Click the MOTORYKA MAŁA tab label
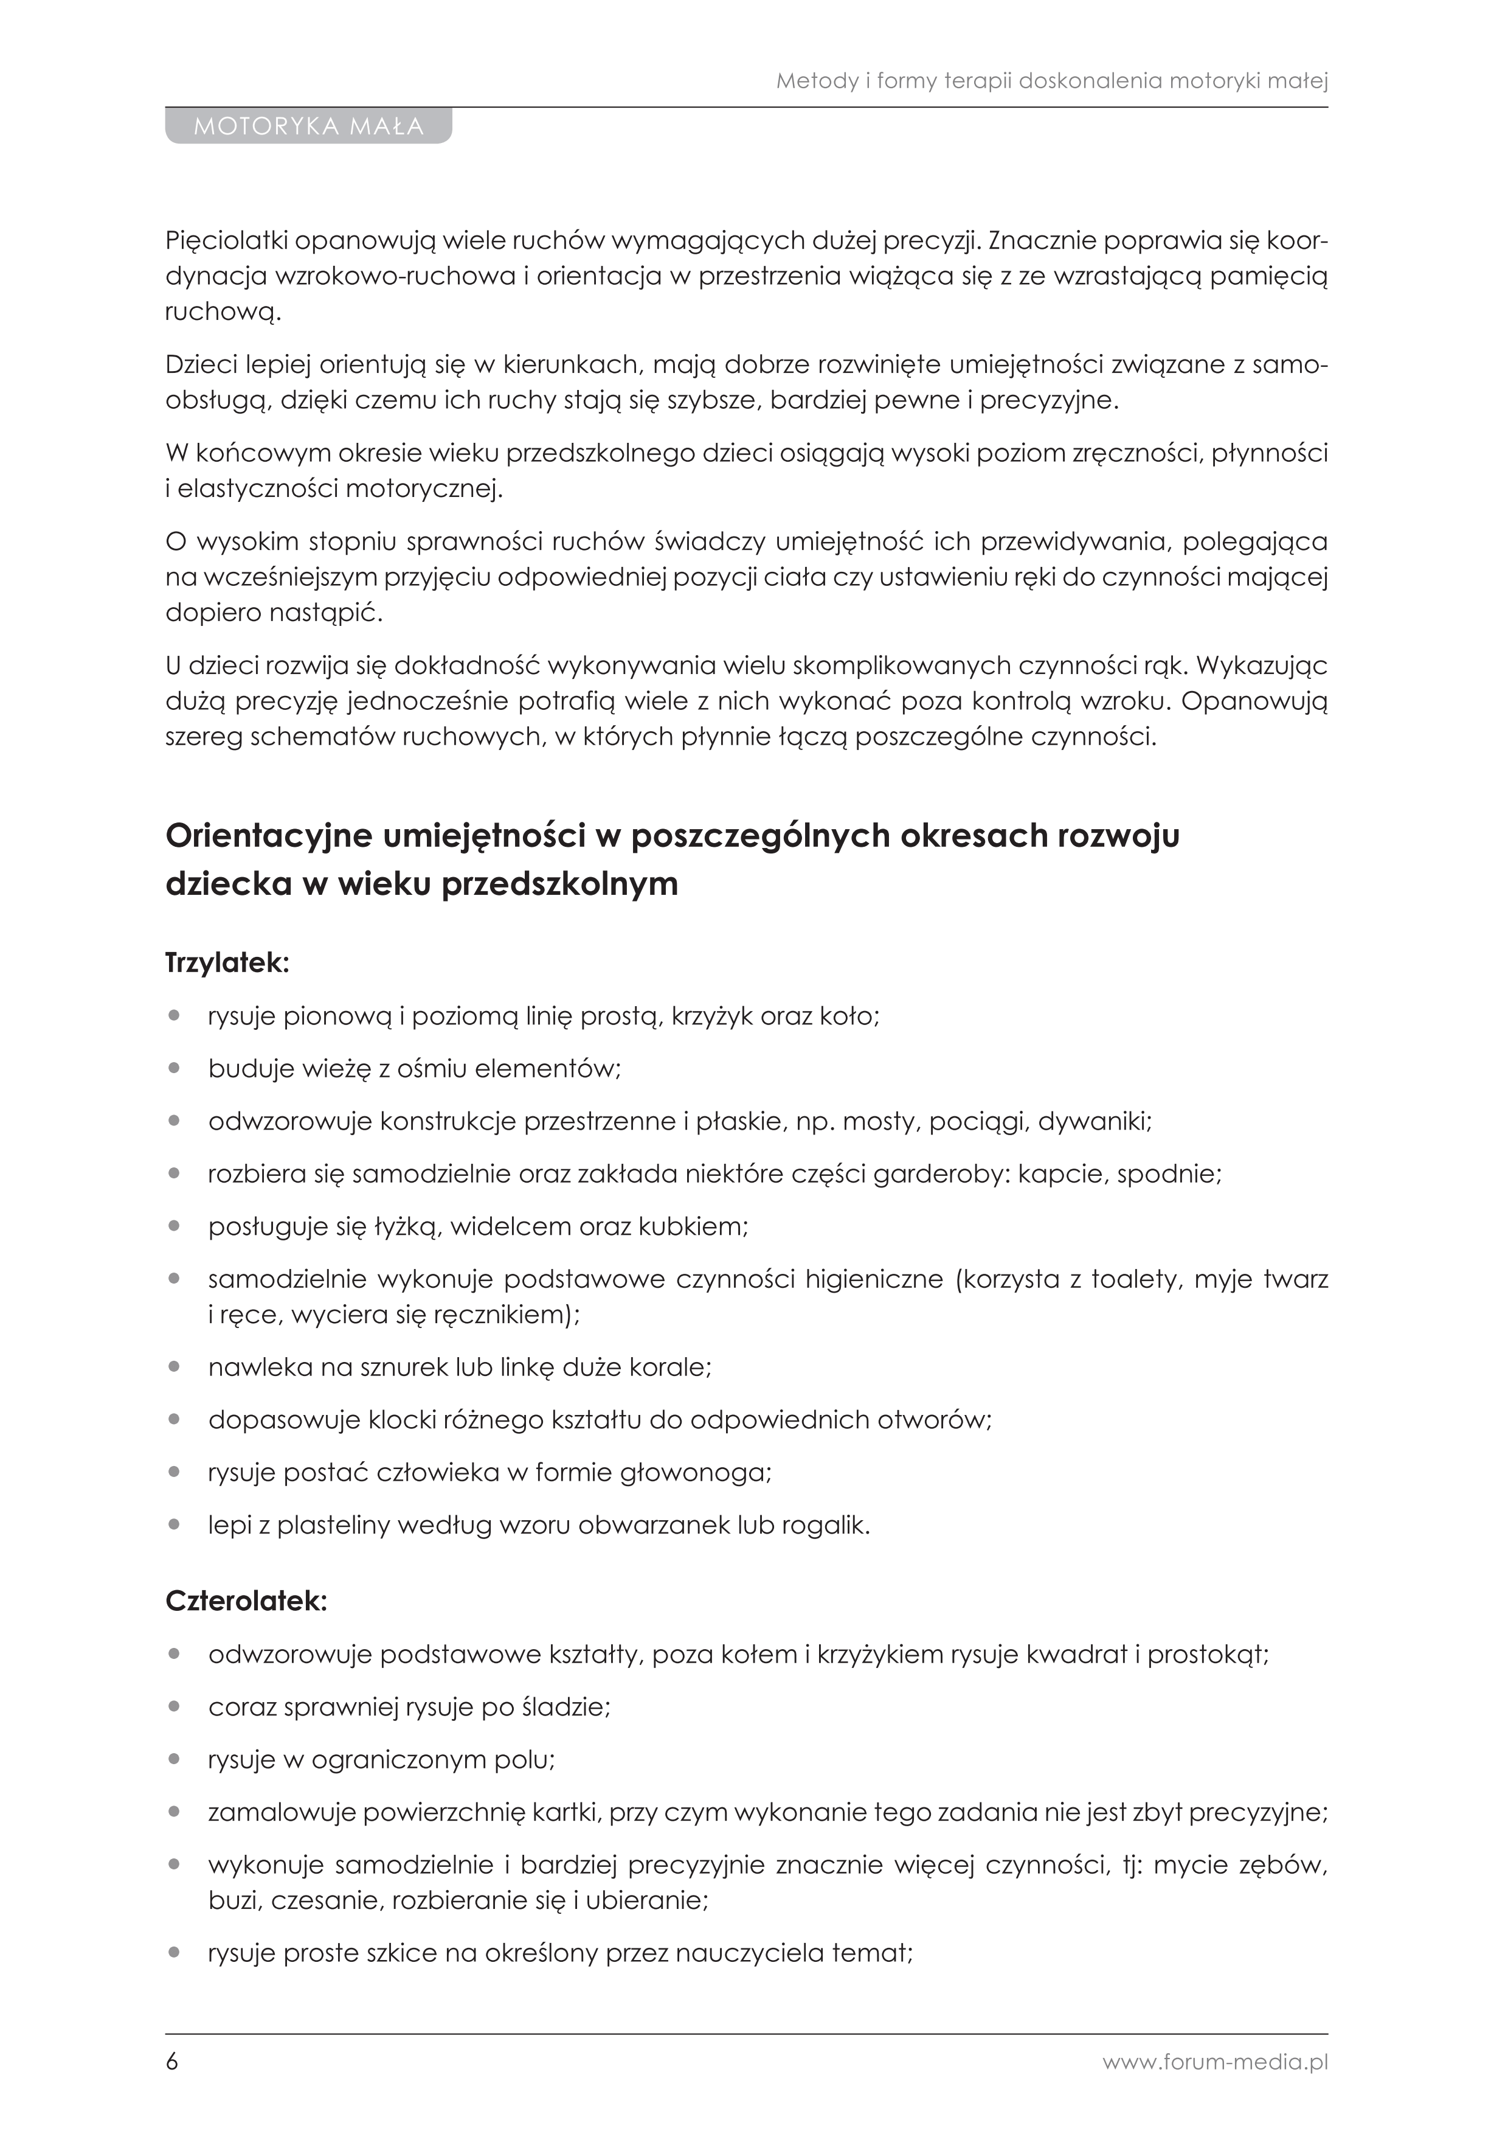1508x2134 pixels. point(308,127)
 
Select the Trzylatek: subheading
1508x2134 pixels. point(227,963)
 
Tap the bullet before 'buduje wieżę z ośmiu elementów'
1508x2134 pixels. point(174,1069)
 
